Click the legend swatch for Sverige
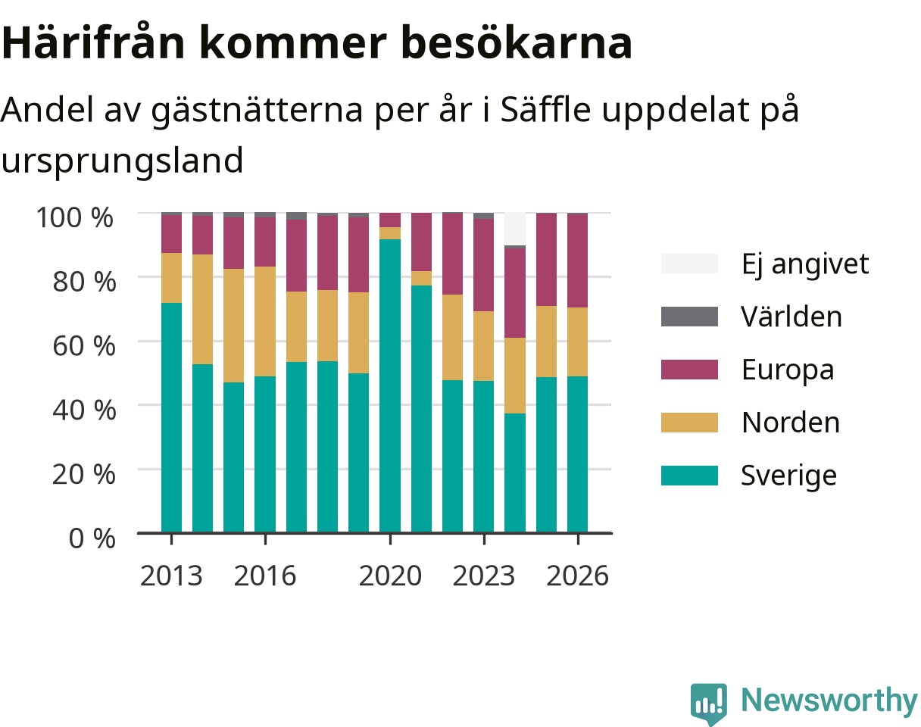pos(689,476)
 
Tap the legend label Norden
pos(791,423)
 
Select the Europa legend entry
pos(788,370)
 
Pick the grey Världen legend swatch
pos(689,317)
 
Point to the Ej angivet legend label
pos(805,264)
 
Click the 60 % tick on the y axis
pos(84,346)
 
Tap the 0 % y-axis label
pos(92,538)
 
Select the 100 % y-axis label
pos(75,217)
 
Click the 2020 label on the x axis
pos(390,576)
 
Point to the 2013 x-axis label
pos(171,576)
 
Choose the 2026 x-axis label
pos(578,576)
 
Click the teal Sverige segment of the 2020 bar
pos(390,386)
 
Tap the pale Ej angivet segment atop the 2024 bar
pos(515,229)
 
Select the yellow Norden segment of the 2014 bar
pos(202,310)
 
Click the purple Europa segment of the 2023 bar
pos(484,265)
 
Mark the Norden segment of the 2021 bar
pos(422,278)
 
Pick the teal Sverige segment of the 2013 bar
pos(171,417)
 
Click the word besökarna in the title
pos(516,43)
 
